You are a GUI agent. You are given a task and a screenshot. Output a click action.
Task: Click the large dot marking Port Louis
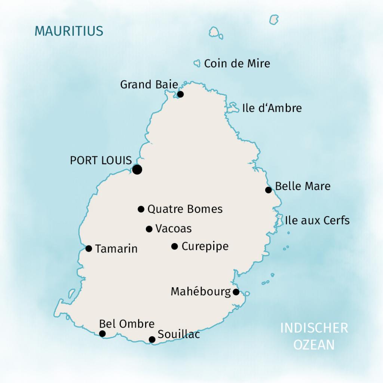[x=137, y=169]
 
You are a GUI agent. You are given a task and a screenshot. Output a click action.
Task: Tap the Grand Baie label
[x=149, y=85]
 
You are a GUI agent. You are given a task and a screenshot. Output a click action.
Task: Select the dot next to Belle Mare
[x=268, y=190]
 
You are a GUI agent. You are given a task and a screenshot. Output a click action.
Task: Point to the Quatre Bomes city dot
[x=141, y=209]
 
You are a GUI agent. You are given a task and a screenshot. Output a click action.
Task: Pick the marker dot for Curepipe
[x=174, y=246]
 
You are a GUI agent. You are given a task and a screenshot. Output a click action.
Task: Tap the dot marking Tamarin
[x=89, y=248]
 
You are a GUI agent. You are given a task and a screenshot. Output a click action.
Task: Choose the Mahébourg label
[x=200, y=292]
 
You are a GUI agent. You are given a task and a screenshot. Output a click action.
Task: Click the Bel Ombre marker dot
[x=102, y=334]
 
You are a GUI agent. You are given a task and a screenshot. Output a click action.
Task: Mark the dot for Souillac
[x=152, y=340]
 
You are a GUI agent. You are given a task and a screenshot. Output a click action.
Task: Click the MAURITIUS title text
[x=69, y=31]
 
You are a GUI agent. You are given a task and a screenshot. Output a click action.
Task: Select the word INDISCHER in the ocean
[x=314, y=328]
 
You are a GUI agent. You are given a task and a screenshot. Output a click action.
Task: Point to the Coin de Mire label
[x=237, y=64]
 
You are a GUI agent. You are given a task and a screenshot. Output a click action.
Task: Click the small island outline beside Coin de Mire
[x=197, y=64]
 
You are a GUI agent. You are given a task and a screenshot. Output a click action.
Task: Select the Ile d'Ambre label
[x=272, y=108]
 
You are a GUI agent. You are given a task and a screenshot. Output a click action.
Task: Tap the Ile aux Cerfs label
[x=317, y=220]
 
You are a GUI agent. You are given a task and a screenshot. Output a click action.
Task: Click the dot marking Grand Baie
[x=180, y=94]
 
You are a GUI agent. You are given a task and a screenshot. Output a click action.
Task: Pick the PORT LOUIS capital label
[x=101, y=160]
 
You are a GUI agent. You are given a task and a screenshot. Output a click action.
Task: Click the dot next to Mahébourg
[x=236, y=292]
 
